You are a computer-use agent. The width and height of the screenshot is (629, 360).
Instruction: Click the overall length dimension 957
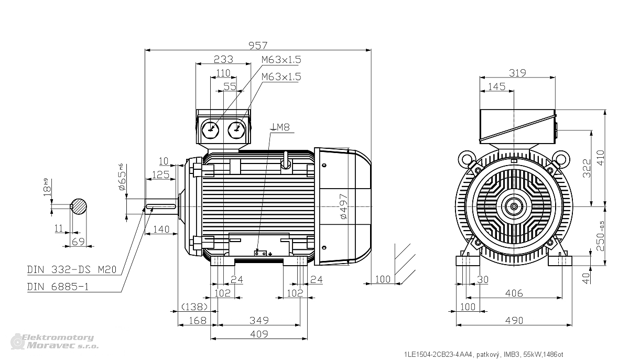258,45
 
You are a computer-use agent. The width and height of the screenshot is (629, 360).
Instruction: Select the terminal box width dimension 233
223,59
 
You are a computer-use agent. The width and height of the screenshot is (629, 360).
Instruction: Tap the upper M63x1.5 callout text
281,60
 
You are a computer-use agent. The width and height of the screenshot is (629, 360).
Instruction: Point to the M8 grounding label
281,127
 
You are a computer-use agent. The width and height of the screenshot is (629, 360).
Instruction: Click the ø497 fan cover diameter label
344,206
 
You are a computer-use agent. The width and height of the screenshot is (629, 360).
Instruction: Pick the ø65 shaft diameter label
122,177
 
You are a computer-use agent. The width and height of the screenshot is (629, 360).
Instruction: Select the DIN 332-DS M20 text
72,269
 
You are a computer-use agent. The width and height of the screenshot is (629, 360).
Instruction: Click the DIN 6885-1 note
58,287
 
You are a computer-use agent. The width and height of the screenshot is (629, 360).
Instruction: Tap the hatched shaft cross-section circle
79,206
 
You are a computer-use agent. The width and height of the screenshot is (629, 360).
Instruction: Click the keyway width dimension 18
47,188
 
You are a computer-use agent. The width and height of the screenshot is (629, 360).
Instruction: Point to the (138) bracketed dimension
194,307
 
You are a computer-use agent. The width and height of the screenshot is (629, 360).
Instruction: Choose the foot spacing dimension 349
259,320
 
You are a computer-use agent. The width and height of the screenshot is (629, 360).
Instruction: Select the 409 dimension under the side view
259,334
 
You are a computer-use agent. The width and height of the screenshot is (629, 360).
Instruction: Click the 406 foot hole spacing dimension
514,293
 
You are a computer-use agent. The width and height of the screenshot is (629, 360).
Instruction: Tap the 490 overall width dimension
514,320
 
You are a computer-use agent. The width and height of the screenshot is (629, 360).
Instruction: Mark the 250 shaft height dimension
600,236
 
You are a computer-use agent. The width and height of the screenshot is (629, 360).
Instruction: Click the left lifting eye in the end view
466,159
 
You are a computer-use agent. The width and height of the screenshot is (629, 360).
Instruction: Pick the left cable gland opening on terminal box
210,130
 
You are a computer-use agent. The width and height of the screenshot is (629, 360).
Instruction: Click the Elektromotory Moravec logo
54,342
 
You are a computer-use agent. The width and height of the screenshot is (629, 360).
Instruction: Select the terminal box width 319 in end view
517,73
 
